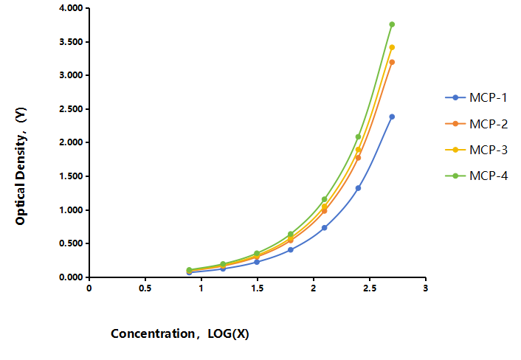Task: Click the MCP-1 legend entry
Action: [x=476, y=97]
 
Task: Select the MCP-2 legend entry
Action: [x=477, y=124]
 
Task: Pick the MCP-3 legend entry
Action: [x=477, y=150]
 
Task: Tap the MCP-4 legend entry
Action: [x=477, y=176]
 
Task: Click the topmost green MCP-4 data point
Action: [x=392, y=24]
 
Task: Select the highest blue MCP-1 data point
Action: [x=392, y=117]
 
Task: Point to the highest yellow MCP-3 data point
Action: [x=392, y=47]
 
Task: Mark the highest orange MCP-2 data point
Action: [x=392, y=62]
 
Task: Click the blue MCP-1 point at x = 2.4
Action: [x=358, y=188]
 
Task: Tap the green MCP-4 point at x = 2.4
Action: [x=358, y=136]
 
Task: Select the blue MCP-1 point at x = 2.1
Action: [x=324, y=228]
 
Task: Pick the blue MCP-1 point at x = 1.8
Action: [x=291, y=250]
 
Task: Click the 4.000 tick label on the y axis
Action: [x=71, y=8]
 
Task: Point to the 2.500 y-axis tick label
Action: [x=71, y=109]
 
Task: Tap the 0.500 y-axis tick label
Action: [x=71, y=243]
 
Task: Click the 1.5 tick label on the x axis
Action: [x=257, y=288]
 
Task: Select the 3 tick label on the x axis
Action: [x=426, y=288]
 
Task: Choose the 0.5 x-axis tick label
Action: [x=145, y=288]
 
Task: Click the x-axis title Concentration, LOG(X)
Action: [x=180, y=333]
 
